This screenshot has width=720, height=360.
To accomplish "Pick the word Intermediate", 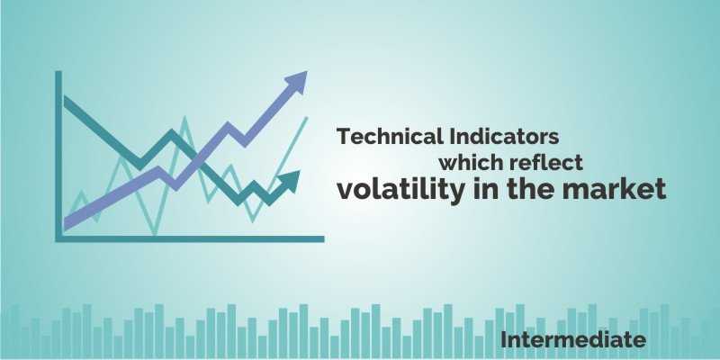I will pos(573,340).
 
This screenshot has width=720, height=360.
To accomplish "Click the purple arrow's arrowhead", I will pos(295,84).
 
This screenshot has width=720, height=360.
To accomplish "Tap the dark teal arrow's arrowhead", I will pos(290,183).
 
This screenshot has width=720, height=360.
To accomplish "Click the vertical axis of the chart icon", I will pos(58,153).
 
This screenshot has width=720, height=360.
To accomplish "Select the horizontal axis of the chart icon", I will pos(189,238).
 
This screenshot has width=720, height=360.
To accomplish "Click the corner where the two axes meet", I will pos(58,238).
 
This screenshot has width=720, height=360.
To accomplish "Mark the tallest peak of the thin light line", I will pos(185,117).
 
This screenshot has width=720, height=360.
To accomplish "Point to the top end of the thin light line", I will pos(307,117).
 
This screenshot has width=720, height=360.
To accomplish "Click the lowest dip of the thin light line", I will pos(155,235).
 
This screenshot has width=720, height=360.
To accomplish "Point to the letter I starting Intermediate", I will pos(505,340).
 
